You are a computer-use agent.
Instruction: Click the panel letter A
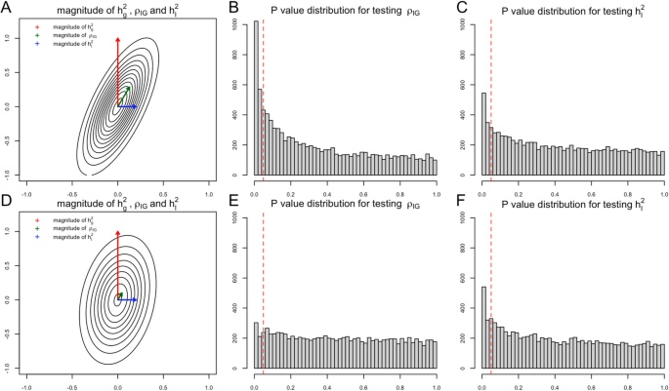pos(8,9)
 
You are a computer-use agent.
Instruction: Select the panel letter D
pos(8,202)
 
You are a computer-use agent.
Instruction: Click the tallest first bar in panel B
pos(257,98)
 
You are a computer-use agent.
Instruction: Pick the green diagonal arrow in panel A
pos(124,96)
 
